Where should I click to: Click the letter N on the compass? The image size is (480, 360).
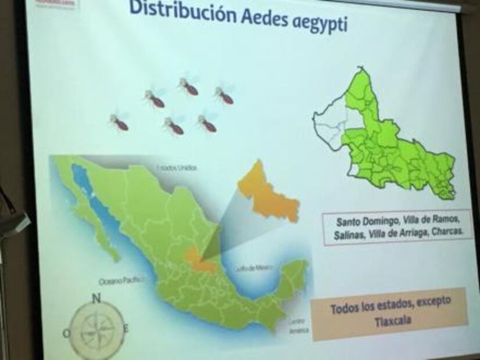coord(96,299)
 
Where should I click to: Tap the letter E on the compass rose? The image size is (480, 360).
coord(126,329)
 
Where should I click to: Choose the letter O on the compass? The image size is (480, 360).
coord(67,333)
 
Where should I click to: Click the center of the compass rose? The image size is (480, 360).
coord(96,331)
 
